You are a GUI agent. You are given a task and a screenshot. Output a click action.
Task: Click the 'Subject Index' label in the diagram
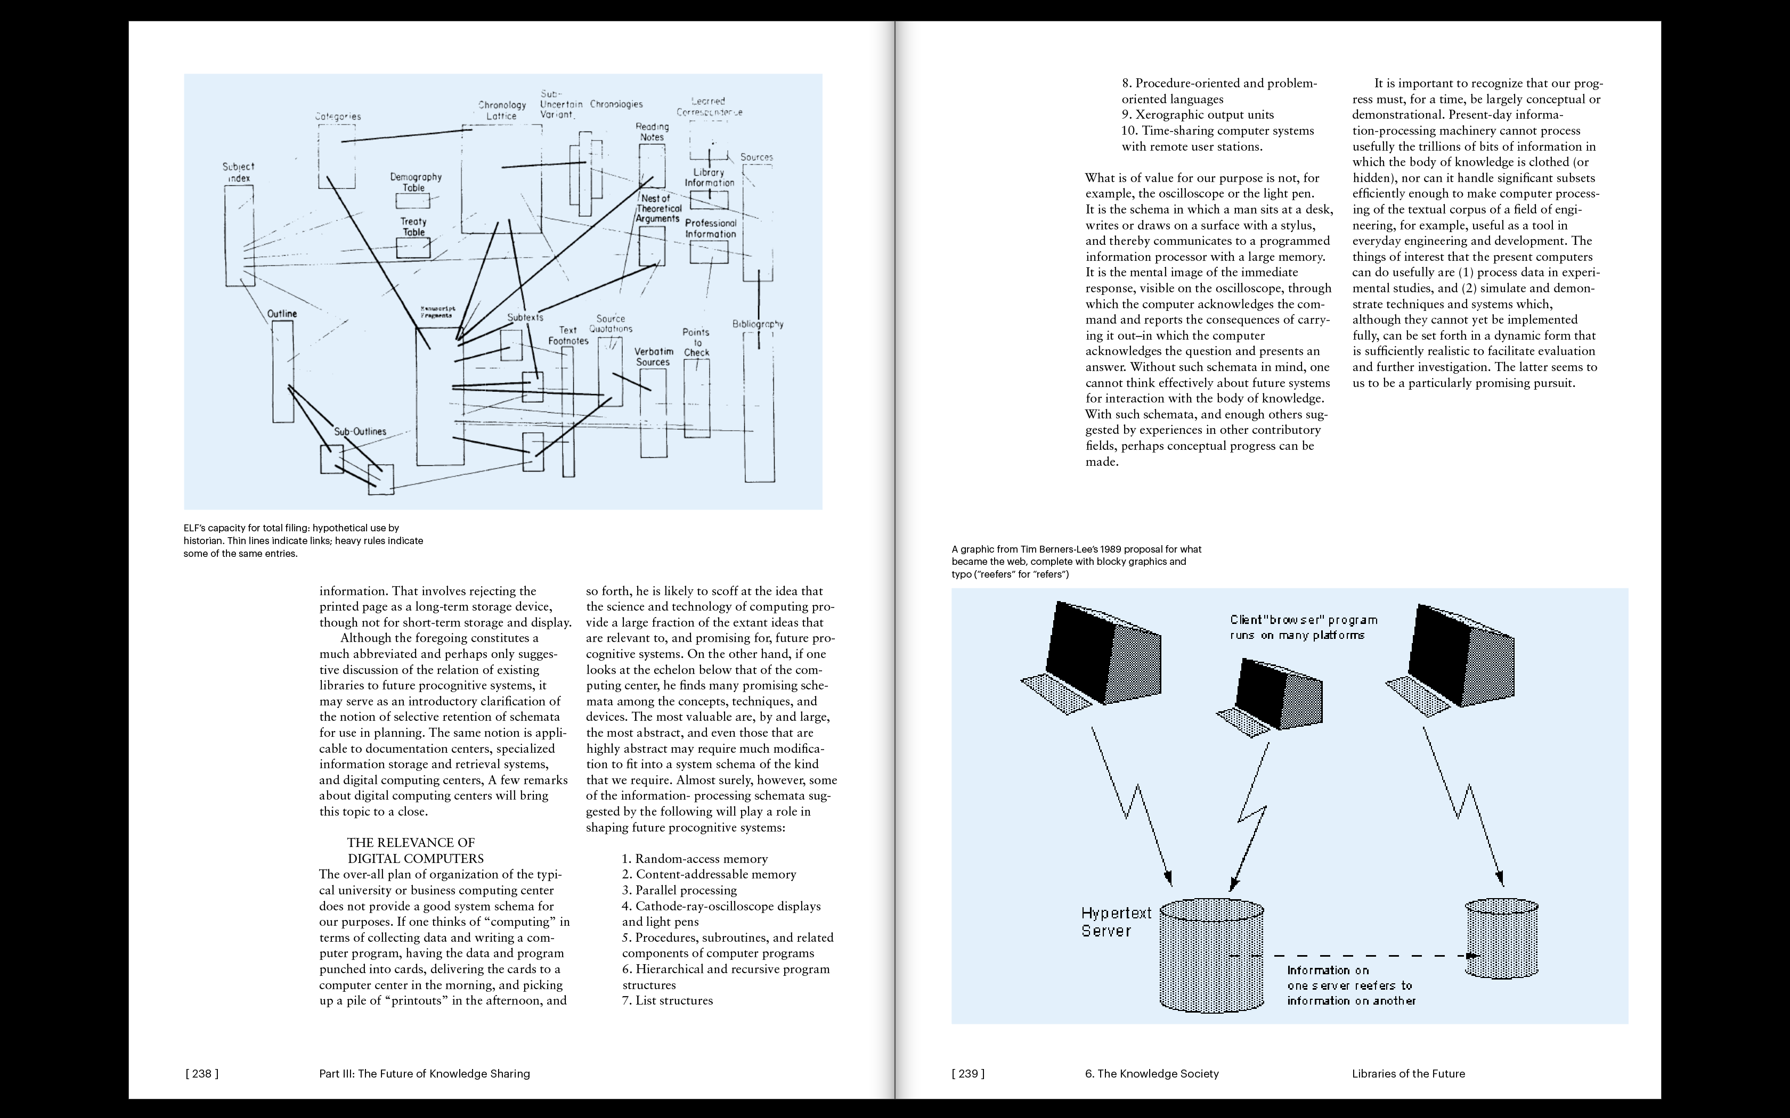click(x=238, y=172)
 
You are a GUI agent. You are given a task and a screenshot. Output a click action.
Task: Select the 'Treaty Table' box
click(x=413, y=248)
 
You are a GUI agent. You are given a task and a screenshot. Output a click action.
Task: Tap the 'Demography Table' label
click(x=416, y=182)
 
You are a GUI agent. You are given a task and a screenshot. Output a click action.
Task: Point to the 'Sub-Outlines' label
click(x=360, y=432)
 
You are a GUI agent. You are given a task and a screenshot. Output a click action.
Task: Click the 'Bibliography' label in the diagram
click(x=758, y=324)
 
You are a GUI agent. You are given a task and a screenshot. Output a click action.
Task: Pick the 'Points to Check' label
click(x=696, y=342)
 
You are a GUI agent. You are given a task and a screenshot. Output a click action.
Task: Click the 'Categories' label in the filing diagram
click(x=338, y=116)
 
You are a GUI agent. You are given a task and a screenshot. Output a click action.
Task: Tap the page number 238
click(x=202, y=1074)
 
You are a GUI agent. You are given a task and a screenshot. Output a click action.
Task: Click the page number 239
click(x=968, y=1074)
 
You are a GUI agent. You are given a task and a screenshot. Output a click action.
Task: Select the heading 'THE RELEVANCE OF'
click(x=411, y=842)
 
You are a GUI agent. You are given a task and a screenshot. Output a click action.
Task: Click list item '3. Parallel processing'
click(x=679, y=890)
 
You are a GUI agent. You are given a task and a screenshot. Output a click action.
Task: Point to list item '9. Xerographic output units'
click(x=1198, y=114)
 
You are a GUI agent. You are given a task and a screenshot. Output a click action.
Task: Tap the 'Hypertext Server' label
click(x=1116, y=922)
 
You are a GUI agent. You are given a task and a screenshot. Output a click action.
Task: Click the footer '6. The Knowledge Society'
click(x=1152, y=1074)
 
